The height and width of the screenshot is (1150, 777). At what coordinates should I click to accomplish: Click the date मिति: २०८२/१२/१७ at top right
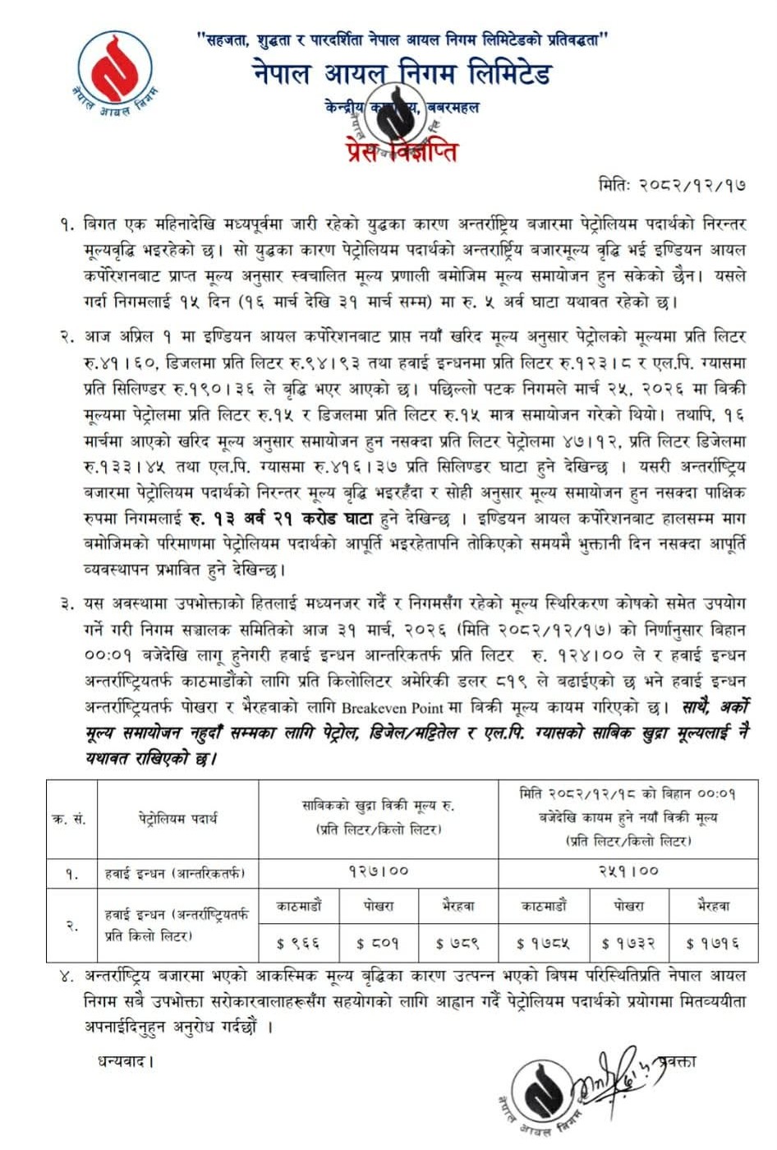point(673,186)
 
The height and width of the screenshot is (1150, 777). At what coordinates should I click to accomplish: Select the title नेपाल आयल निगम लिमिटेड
point(402,74)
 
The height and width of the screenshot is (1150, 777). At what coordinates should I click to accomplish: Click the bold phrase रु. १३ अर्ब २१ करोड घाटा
point(303,519)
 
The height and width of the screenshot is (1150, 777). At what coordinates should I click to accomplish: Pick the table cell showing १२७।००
point(378,871)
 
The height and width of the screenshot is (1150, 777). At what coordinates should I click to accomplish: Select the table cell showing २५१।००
point(628,871)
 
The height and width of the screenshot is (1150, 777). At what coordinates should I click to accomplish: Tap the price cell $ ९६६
point(298,944)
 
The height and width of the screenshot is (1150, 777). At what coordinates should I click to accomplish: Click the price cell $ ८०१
point(378,944)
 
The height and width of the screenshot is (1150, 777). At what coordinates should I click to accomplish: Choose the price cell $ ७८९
point(457,944)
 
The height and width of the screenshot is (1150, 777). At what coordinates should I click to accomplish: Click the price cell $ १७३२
point(628,944)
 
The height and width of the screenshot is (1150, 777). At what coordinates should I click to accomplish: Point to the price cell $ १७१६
point(712,944)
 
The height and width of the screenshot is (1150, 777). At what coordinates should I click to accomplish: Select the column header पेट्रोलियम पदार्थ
point(177,819)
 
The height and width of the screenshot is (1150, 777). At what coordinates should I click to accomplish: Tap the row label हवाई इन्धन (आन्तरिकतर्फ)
point(175,872)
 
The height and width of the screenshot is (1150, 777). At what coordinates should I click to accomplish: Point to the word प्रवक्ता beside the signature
point(674,1061)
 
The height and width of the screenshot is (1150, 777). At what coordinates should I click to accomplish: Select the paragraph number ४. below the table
point(67,977)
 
